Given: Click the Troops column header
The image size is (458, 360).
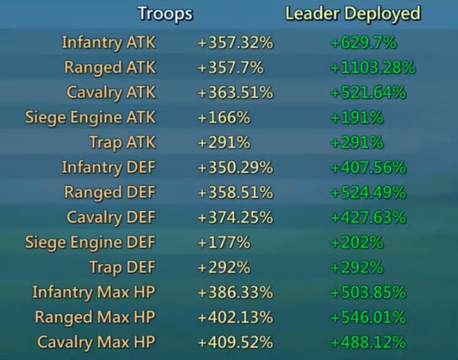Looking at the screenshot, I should pos(165,14).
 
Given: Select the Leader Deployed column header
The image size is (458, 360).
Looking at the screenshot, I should pos(353,14).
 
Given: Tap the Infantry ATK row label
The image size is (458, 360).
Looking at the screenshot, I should pos(108,42).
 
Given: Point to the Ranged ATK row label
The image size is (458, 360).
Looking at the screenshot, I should pos(110,67).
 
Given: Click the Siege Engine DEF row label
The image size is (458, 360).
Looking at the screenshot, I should pos(90,242).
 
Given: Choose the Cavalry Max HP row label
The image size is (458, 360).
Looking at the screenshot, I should pos(97,341).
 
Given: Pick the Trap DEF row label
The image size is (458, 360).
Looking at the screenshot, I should pos(122,267).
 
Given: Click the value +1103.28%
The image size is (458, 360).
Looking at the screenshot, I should pos(372,67).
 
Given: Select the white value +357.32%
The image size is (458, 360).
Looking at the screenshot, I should pos(234,42).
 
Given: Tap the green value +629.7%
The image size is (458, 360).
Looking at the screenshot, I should pos(363,42).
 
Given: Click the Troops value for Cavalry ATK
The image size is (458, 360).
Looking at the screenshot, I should pos(234,92).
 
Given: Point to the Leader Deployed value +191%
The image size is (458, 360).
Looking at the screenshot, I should pos(356,117).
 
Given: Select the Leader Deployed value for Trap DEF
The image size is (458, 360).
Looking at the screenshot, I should pos(356,267).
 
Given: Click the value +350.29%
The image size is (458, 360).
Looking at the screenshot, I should pos(234,167).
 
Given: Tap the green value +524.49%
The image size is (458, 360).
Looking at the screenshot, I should pos(368,192).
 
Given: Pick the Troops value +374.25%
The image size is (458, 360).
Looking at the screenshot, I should pos(234,217).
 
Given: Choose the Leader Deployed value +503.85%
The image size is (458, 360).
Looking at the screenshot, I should pos(368,291).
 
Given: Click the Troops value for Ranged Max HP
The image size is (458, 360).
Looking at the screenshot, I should pos(234,316).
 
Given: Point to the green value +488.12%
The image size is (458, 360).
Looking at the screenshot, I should pos(368,341).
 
